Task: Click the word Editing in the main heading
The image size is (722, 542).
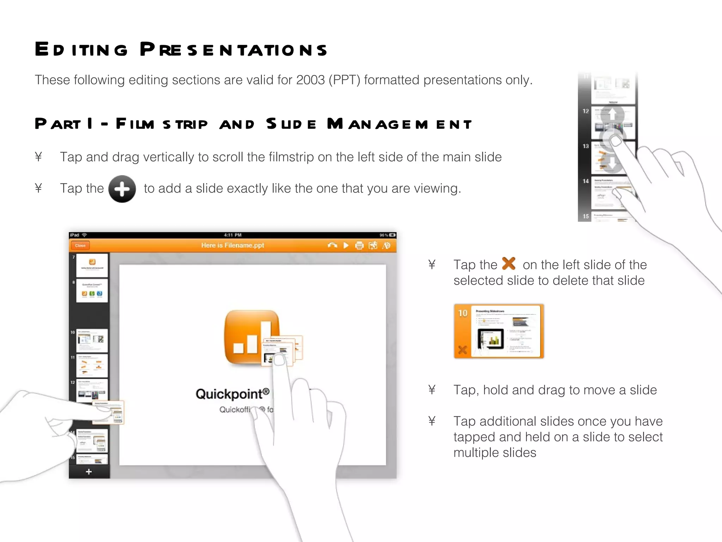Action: pyautogui.click(x=81, y=49)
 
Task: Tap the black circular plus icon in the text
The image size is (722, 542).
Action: pyautogui.click(x=122, y=189)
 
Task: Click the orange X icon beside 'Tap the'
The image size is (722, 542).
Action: pyautogui.click(x=509, y=264)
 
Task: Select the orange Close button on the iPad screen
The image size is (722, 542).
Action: pyautogui.click(x=80, y=246)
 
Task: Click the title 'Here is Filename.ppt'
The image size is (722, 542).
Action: pyautogui.click(x=232, y=245)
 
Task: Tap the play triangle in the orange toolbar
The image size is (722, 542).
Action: pyautogui.click(x=346, y=245)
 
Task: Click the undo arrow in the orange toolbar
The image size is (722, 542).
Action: pyautogui.click(x=332, y=245)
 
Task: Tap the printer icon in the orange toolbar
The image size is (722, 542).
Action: pyautogui.click(x=359, y=246)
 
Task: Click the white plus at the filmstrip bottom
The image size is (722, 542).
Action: pyautogui.click(x=89, y=472)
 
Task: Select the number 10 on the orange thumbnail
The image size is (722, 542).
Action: pyautogui.click(x=463, y=313)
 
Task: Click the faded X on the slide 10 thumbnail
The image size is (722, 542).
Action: pyautogui.click(x=463, y=350)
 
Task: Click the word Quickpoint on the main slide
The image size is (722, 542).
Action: pyautogui.click(x=229, y=394)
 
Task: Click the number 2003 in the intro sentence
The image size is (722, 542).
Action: pyautogui.click(x=310, y=80)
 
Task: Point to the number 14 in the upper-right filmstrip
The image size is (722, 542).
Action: pyautogui.click(x=586, y=181)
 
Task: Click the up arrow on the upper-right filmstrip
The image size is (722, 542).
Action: pyautogui.click(x=612, y=114)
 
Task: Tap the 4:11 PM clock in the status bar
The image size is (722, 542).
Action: pyautogui.click(x=233, y=235)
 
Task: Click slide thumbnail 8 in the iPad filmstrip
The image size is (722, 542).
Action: pyautogui.click(x=92, y=290)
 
